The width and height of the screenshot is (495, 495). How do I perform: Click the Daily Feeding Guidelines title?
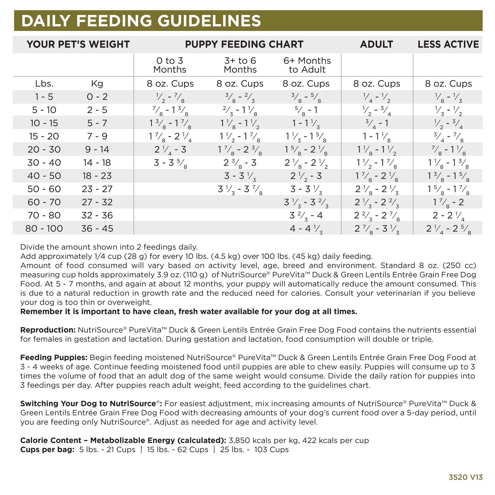(x=141, y=21)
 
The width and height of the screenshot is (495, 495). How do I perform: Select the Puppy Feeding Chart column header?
(x=244, y=44)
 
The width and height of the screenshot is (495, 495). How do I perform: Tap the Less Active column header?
(x=448, y=44)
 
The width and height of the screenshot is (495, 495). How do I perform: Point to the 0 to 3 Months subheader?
(x=170, y=65)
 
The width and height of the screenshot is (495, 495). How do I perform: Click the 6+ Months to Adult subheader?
(x=307, y=65)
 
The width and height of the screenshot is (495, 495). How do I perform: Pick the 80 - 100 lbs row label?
(x=44, y=228)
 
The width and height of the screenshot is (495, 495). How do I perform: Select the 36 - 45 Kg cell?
(x=97, y=228)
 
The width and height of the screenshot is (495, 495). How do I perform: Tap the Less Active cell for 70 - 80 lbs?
(x=448, y=215)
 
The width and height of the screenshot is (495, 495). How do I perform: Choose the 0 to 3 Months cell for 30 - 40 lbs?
(x=170, y=163)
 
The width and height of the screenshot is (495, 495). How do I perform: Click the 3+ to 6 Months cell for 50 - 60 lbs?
(x=240, y=189)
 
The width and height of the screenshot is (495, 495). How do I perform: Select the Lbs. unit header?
(x=44, y=84)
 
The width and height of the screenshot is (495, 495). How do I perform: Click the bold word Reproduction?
(x=48, y=330)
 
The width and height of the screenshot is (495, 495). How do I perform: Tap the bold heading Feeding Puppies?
(x=54, y=357)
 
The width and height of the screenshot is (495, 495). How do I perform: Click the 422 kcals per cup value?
(x=336, y=440)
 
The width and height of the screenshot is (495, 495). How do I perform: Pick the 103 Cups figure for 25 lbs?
(x=271, y=450)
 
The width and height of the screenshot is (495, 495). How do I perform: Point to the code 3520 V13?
(x=466, y=477)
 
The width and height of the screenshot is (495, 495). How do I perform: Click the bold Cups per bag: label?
(x=47, y=450)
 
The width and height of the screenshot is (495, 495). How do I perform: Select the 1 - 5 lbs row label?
(x=44, y=97)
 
